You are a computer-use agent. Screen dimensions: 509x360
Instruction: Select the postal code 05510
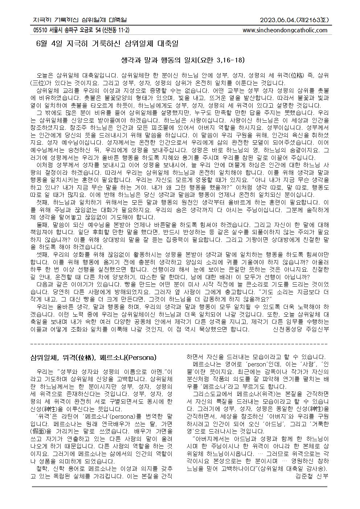39,30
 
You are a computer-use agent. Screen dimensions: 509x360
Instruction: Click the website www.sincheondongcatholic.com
285,30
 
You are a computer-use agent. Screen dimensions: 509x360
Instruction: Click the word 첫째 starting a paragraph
44,202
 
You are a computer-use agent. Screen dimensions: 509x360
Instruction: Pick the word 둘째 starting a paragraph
44,224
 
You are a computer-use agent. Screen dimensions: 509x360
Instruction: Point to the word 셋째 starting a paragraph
44,254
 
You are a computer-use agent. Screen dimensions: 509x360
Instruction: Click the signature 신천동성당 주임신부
300,329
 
